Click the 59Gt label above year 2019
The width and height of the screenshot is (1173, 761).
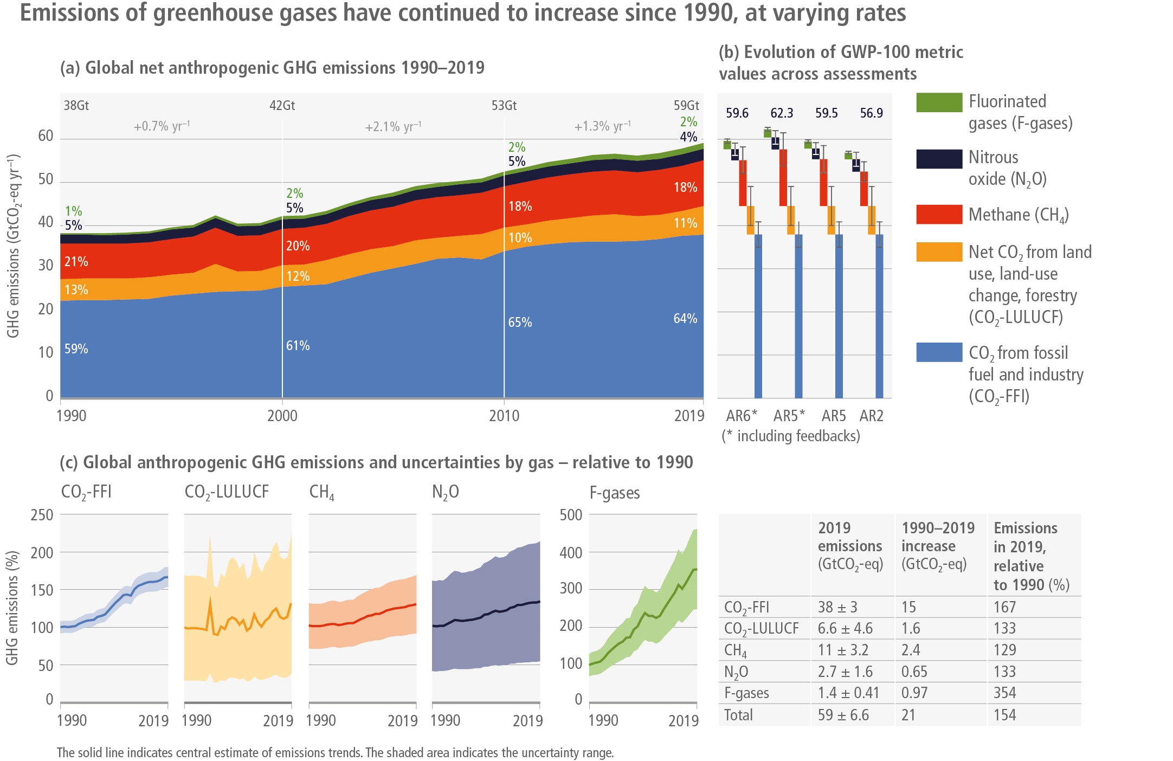[x=686, y=105]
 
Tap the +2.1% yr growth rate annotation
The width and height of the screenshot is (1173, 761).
[x=393, y=127]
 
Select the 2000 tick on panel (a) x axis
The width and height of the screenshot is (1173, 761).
[x=282, y=416]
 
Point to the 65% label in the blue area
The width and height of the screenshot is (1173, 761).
[x=520, y=323]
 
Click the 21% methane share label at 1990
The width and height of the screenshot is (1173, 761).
[x=76, y=262]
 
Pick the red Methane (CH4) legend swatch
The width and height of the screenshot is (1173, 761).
[x=939, y=215]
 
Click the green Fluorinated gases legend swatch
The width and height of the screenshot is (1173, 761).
[x=939, y=102]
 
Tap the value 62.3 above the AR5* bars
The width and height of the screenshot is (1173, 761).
[x=782, y=113]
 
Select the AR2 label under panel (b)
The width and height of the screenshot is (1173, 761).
[x=871, y=416]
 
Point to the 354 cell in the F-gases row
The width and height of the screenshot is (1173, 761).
[x=1004, y=693]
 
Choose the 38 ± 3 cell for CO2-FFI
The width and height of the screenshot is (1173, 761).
[x=837, y=607]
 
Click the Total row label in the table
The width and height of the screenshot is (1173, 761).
[x=738, y=715]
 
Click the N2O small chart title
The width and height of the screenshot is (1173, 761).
[x=445, y=492]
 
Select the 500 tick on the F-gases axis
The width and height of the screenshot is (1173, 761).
[x=571, y=515]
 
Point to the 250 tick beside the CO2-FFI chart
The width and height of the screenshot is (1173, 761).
[x=42, y=515]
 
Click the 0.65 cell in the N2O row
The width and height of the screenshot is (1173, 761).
[x=914, y=672]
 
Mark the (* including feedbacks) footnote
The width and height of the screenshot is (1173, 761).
[x=791, y=436]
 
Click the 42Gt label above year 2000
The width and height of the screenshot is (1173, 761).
[x=282, y=105]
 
